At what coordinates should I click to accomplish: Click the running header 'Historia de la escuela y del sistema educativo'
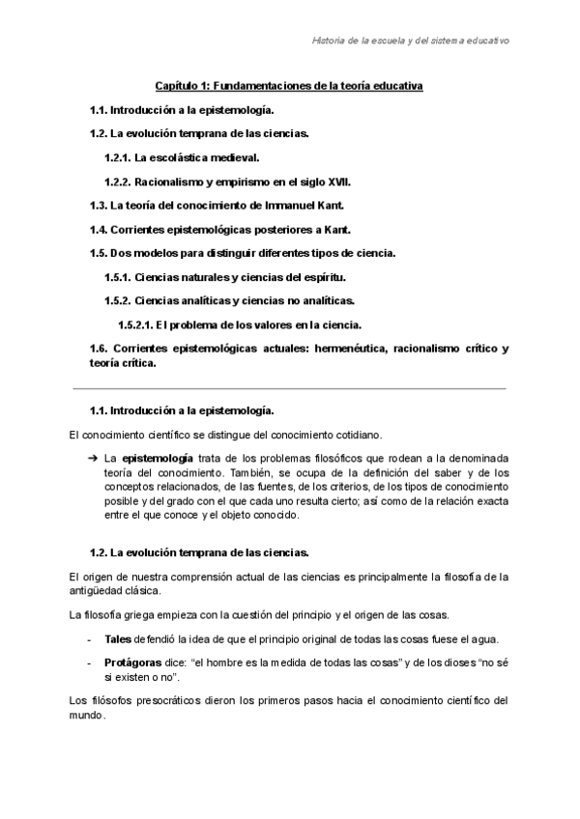pos(411,41)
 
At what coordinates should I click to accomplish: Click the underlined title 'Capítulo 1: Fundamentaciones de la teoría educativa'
pos(290,86)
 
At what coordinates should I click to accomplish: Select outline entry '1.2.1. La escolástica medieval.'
pos(182,156)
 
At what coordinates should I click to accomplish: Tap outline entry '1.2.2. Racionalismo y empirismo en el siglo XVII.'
pos(227,181)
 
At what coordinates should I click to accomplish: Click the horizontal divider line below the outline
pos(290,387)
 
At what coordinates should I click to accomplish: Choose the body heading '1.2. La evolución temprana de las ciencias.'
pos(198,552)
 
